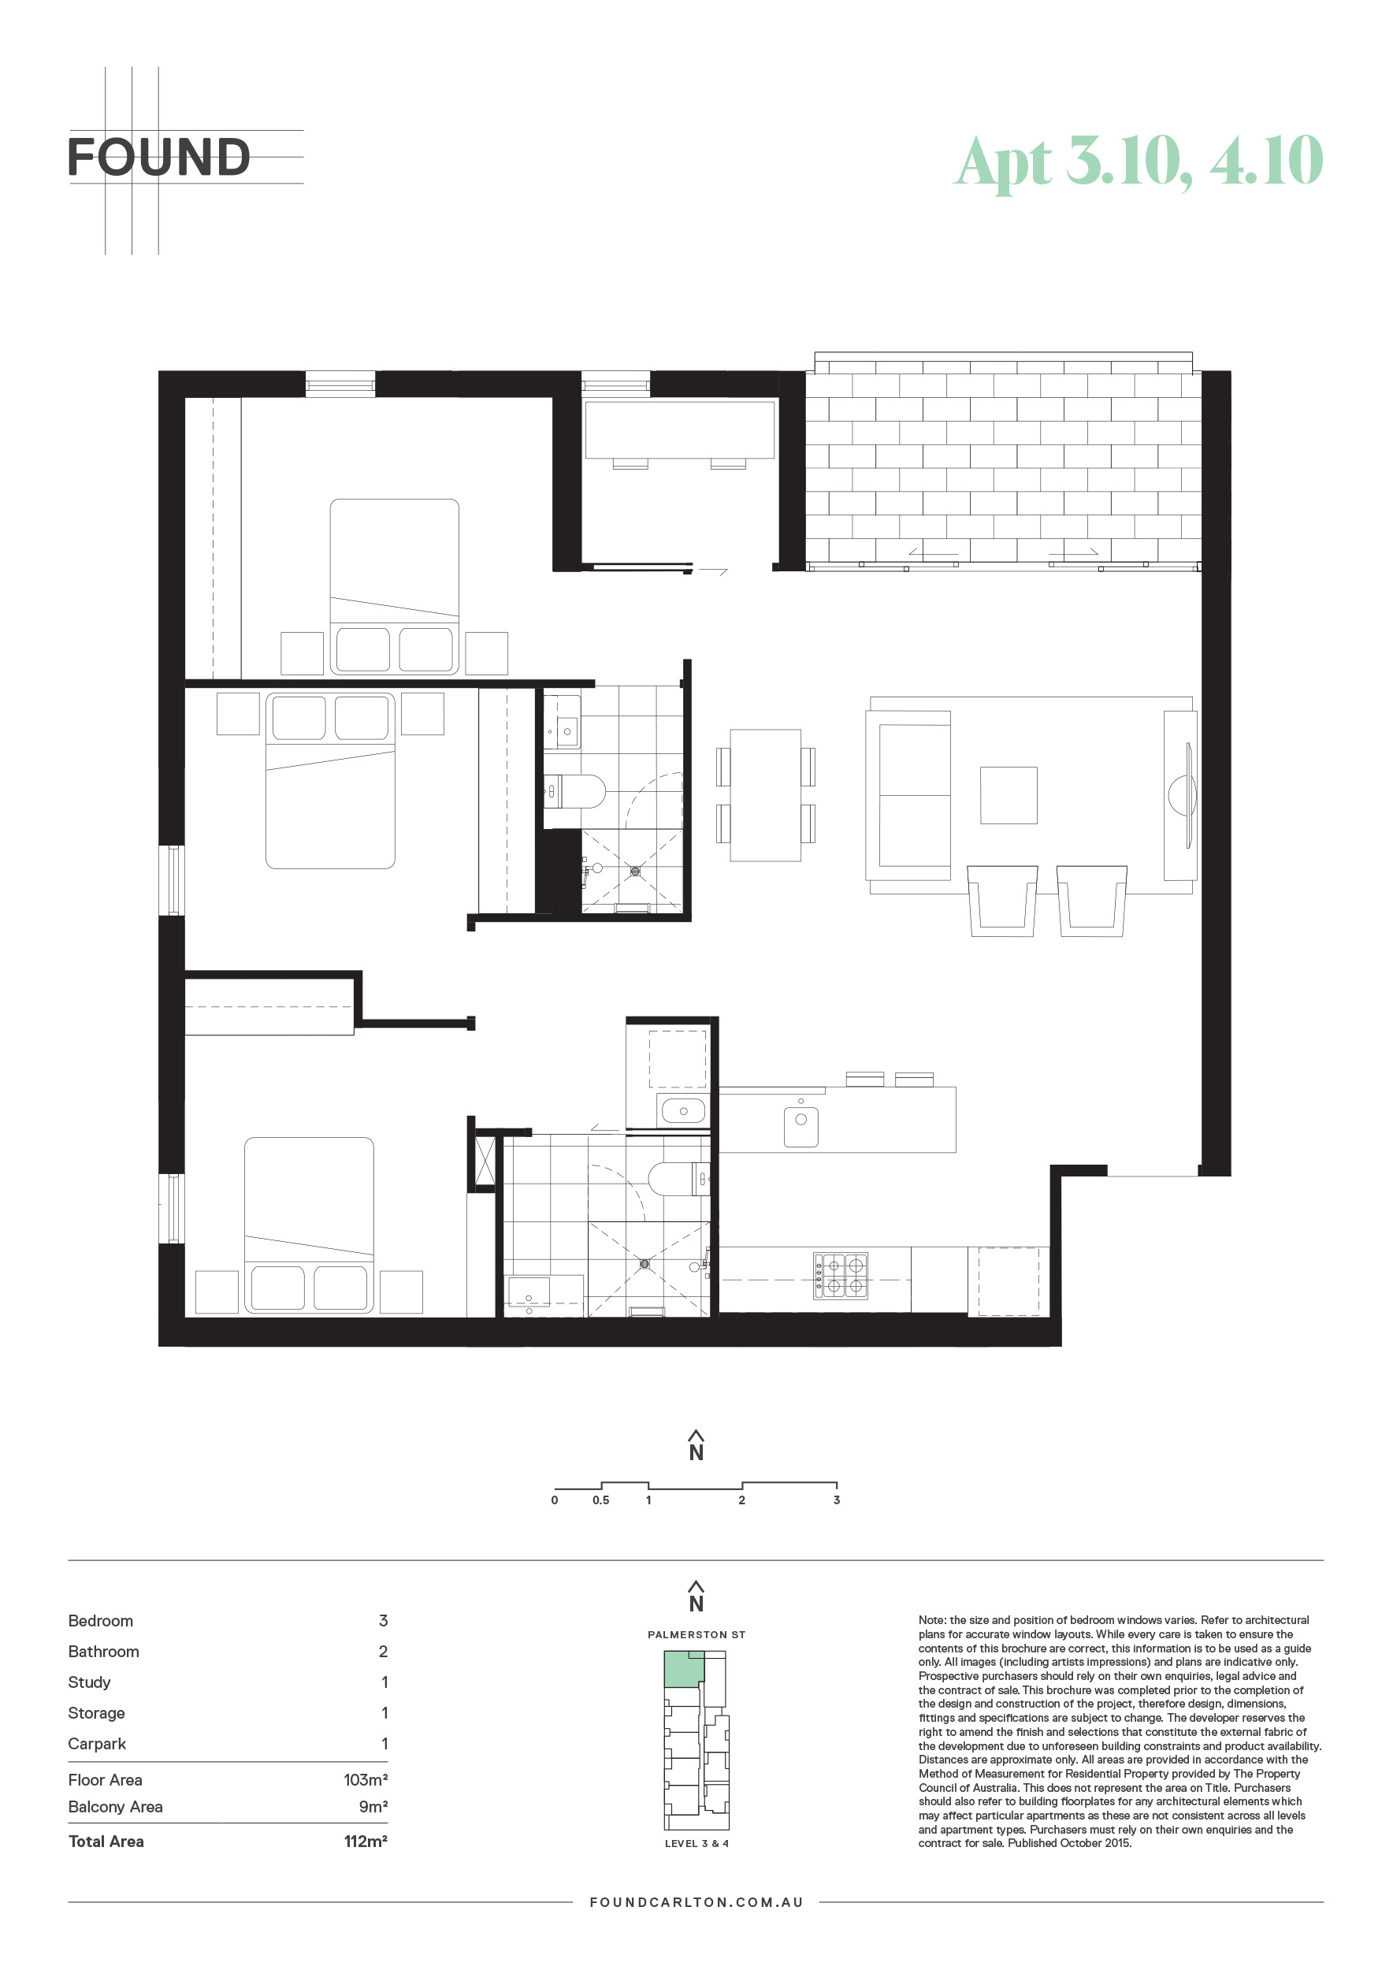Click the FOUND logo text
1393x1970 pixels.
(x=158, y=157)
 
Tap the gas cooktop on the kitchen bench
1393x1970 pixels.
(x=841, y=1275)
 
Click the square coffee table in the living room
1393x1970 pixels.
(x=1009, y=795)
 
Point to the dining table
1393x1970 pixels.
(x=766, y=794)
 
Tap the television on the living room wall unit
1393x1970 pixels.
(x=1188, y=795)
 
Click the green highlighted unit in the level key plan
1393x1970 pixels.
(x=684, y=1668)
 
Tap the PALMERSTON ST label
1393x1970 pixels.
(x=696, y=1634)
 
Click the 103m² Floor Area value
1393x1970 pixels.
(x=366, y=1779)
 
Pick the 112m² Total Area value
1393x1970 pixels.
(x=366, y=1842)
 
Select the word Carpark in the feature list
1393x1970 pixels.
(x=97, y=1744)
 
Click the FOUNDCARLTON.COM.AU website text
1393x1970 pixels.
(x=696, y=1902)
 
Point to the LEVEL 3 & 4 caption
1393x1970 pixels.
(x=696, y=1843)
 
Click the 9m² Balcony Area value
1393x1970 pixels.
(x=373, y=1806)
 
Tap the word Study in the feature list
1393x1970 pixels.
(x=89, y=1682)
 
